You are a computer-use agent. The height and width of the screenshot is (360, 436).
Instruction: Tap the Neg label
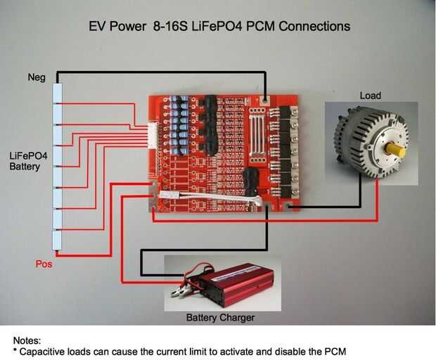[x=37, y=77]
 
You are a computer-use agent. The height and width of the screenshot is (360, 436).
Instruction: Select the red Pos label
[x=44, y=265]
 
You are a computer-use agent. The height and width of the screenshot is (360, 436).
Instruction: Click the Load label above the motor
[x=370, y=95]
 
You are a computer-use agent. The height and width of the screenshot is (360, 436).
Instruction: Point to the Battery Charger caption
[x=220, y=318]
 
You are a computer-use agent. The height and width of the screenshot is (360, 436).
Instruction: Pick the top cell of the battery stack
[x=59, y=94]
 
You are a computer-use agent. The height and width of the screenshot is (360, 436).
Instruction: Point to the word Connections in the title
[x=314, y=27]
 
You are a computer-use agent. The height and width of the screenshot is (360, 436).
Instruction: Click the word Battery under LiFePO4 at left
[x=25, y=167]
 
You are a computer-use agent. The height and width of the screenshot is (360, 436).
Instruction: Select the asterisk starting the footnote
[x=15, y=350]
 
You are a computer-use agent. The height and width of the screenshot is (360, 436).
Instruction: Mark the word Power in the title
[x=132, y=27]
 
